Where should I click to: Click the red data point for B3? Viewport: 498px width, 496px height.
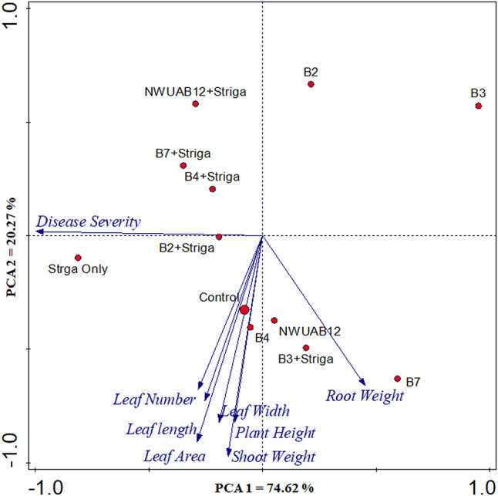479,106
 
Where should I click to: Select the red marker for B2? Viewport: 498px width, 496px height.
311,84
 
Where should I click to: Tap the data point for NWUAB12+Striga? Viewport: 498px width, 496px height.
196,103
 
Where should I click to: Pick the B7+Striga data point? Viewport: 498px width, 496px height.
183,165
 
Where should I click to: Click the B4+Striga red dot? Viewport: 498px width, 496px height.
213,189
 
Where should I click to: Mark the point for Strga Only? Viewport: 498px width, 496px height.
78,258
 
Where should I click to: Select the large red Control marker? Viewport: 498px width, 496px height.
244,310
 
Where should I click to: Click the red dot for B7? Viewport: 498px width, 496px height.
398,379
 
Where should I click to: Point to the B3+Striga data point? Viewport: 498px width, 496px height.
306,348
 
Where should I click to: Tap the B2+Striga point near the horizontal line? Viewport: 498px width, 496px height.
219,237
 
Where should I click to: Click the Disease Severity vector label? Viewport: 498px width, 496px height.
89,222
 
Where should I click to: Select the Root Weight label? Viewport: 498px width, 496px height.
365,396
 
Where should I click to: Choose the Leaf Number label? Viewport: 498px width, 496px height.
154,400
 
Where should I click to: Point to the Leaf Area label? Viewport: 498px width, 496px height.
175,456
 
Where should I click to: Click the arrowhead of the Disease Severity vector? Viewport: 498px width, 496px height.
38,231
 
